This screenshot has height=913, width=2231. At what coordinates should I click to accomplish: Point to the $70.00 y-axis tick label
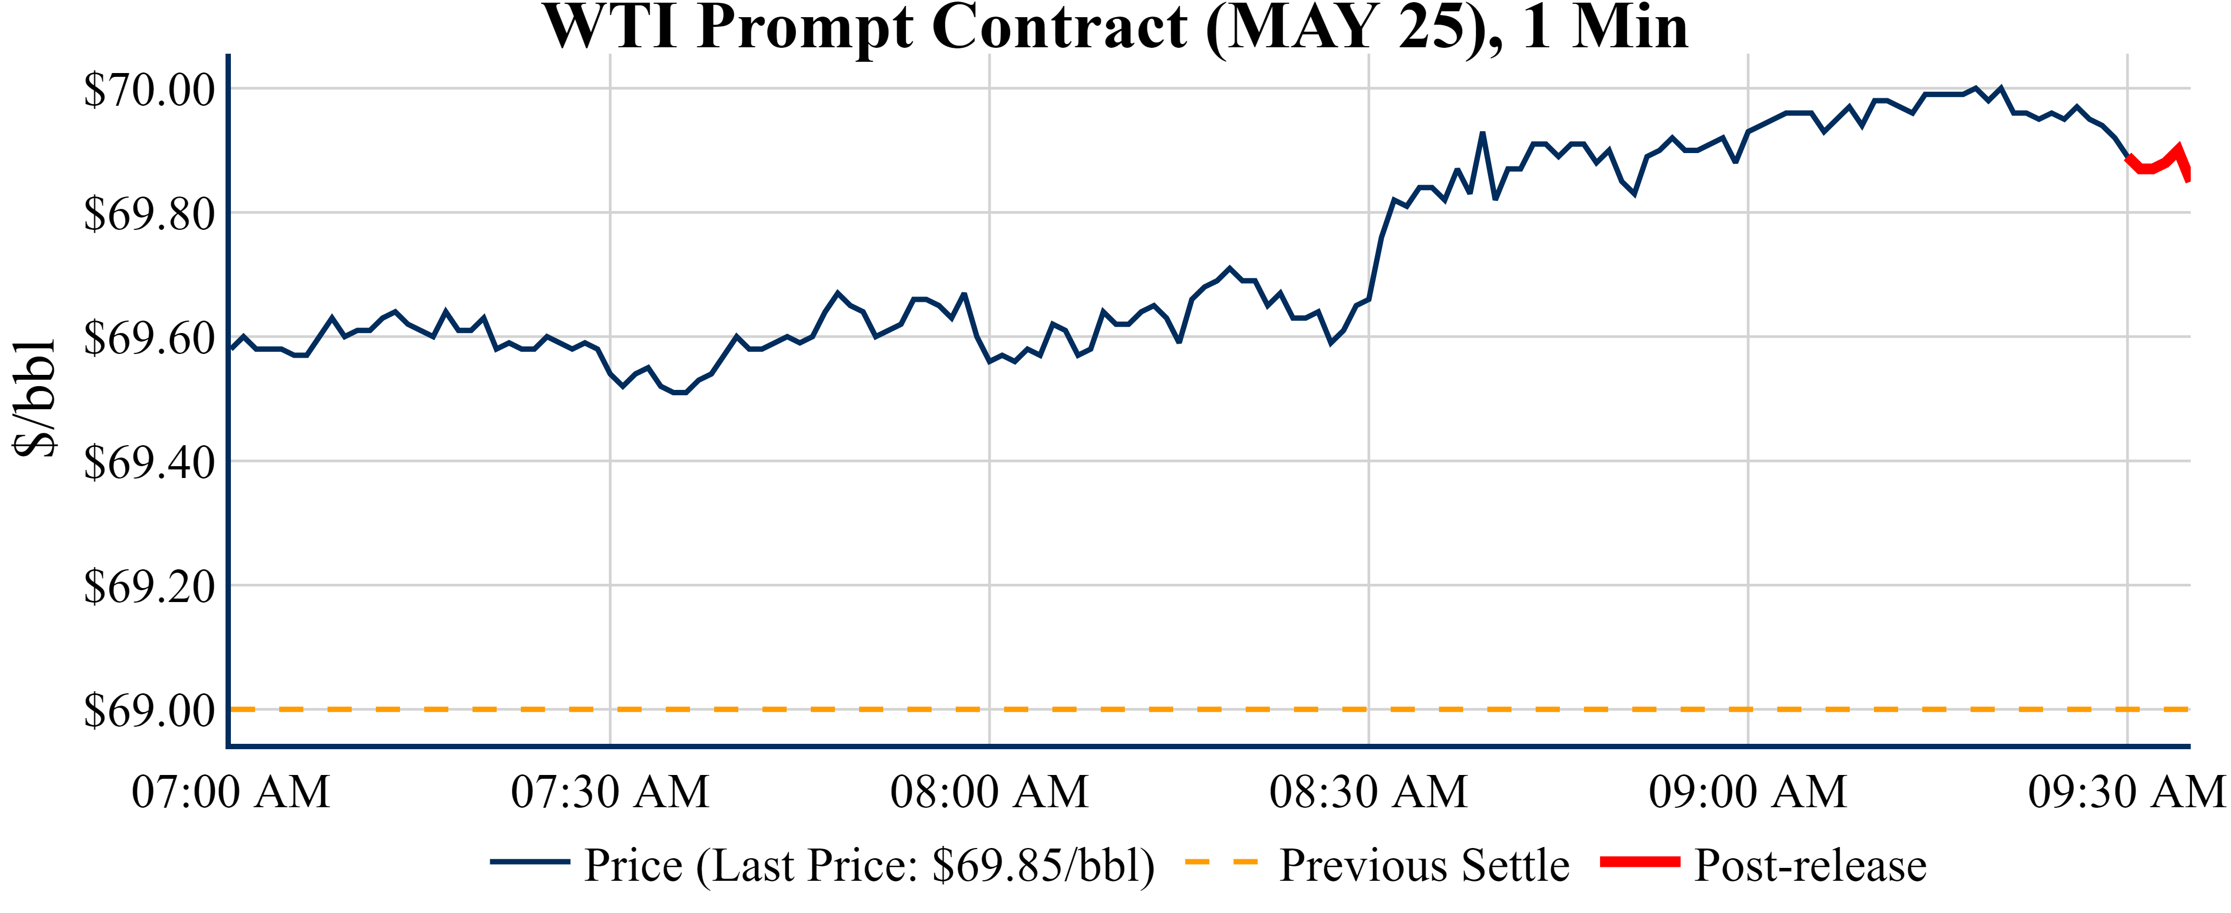(x=149, y=89)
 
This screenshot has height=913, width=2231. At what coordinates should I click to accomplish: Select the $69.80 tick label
(x=149, y=214)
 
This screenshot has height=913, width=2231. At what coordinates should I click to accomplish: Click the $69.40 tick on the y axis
(x=149, y=462)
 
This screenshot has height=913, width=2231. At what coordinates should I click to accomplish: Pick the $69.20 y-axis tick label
(x=149, y=586)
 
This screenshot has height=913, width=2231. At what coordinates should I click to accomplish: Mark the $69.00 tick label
(x=149, y=711)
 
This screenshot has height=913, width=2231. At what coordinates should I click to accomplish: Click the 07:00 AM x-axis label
(x=230, y=792)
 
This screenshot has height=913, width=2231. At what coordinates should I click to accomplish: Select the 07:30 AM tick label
(x=610, y=792)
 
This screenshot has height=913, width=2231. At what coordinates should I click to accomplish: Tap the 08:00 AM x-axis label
(x=989, y=792)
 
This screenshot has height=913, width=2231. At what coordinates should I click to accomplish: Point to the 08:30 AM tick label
(x=1368, y=792)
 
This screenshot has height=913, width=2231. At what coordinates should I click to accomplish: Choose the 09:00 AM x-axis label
(x=1748, y=792)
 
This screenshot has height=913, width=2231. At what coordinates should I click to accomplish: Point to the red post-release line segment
(x=2156, y=164)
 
